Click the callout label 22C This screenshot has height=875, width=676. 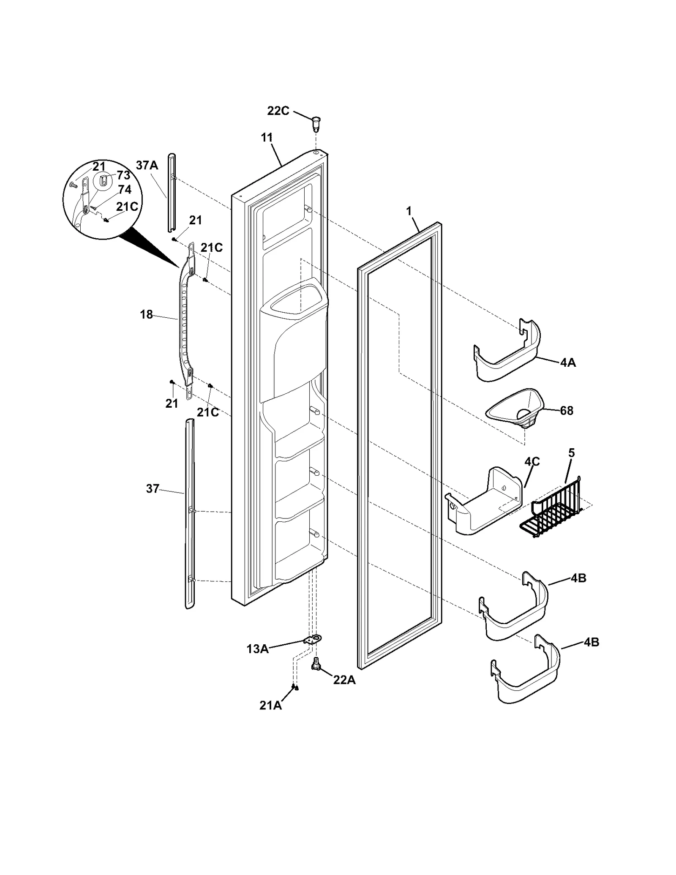[278, 111]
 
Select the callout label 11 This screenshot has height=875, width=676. [267, 138]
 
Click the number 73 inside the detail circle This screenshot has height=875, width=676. [123, 175]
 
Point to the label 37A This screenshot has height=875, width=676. [147, 165]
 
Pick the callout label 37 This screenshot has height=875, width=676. [153, 489]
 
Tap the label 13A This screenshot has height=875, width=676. [257, 649]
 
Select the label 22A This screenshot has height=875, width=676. [344, 680]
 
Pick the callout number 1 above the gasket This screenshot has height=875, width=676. [409, 211]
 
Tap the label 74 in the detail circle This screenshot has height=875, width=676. [124, 190]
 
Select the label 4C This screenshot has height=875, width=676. [532, 461]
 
